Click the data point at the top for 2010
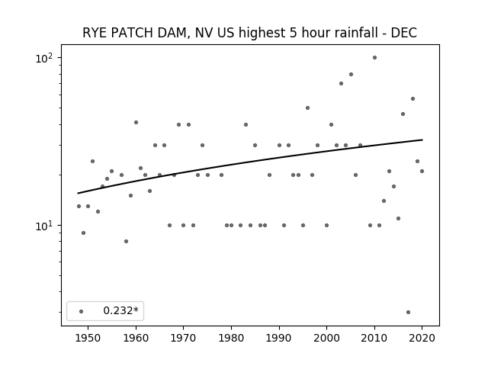[x=374, y=58]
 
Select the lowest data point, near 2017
[x=409, y=312]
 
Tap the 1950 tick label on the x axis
[x=88, y=338]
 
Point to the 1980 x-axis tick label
[x=231, y=338]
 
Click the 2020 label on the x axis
[x=422, y=338]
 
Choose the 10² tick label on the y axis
[x=44, y=58]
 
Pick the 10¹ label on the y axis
[x=44, y=226]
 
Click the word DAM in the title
[x=174, y=33]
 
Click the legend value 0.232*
[x=120, y=310]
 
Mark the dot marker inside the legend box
[x=82, y=311]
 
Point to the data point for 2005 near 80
[x=351, y=75]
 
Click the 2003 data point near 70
[x=341, y=83]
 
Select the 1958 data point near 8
[x=126, y=241]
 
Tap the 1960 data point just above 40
[x=136, y=122]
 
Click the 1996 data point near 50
[x=307, y=108]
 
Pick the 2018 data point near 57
[x=413, y=98]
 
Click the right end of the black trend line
[x=422, y=140]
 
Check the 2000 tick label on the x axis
[x=326, y=338]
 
